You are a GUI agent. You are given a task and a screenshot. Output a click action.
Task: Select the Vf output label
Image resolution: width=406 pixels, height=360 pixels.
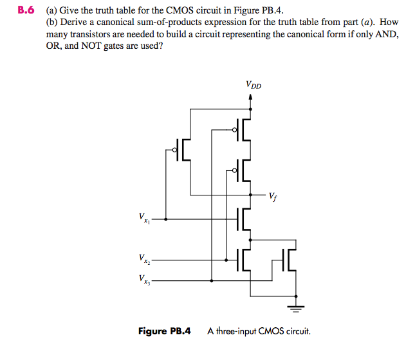pyautogui.click(x=274, y=197)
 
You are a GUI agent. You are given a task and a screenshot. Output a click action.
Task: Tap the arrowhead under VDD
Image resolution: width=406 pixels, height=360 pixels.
pyautogui.click(x=250, y=97)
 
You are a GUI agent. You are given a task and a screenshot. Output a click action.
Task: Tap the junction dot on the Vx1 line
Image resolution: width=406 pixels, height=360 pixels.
pyautogui.click(x=167, y=219)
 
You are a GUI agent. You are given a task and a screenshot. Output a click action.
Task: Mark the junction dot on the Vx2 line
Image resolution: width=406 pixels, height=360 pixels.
pyautogui.click(x=226, y=260)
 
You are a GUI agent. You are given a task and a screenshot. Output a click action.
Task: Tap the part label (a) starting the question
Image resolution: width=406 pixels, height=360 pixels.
pyautogui.click(x=51, y=12)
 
